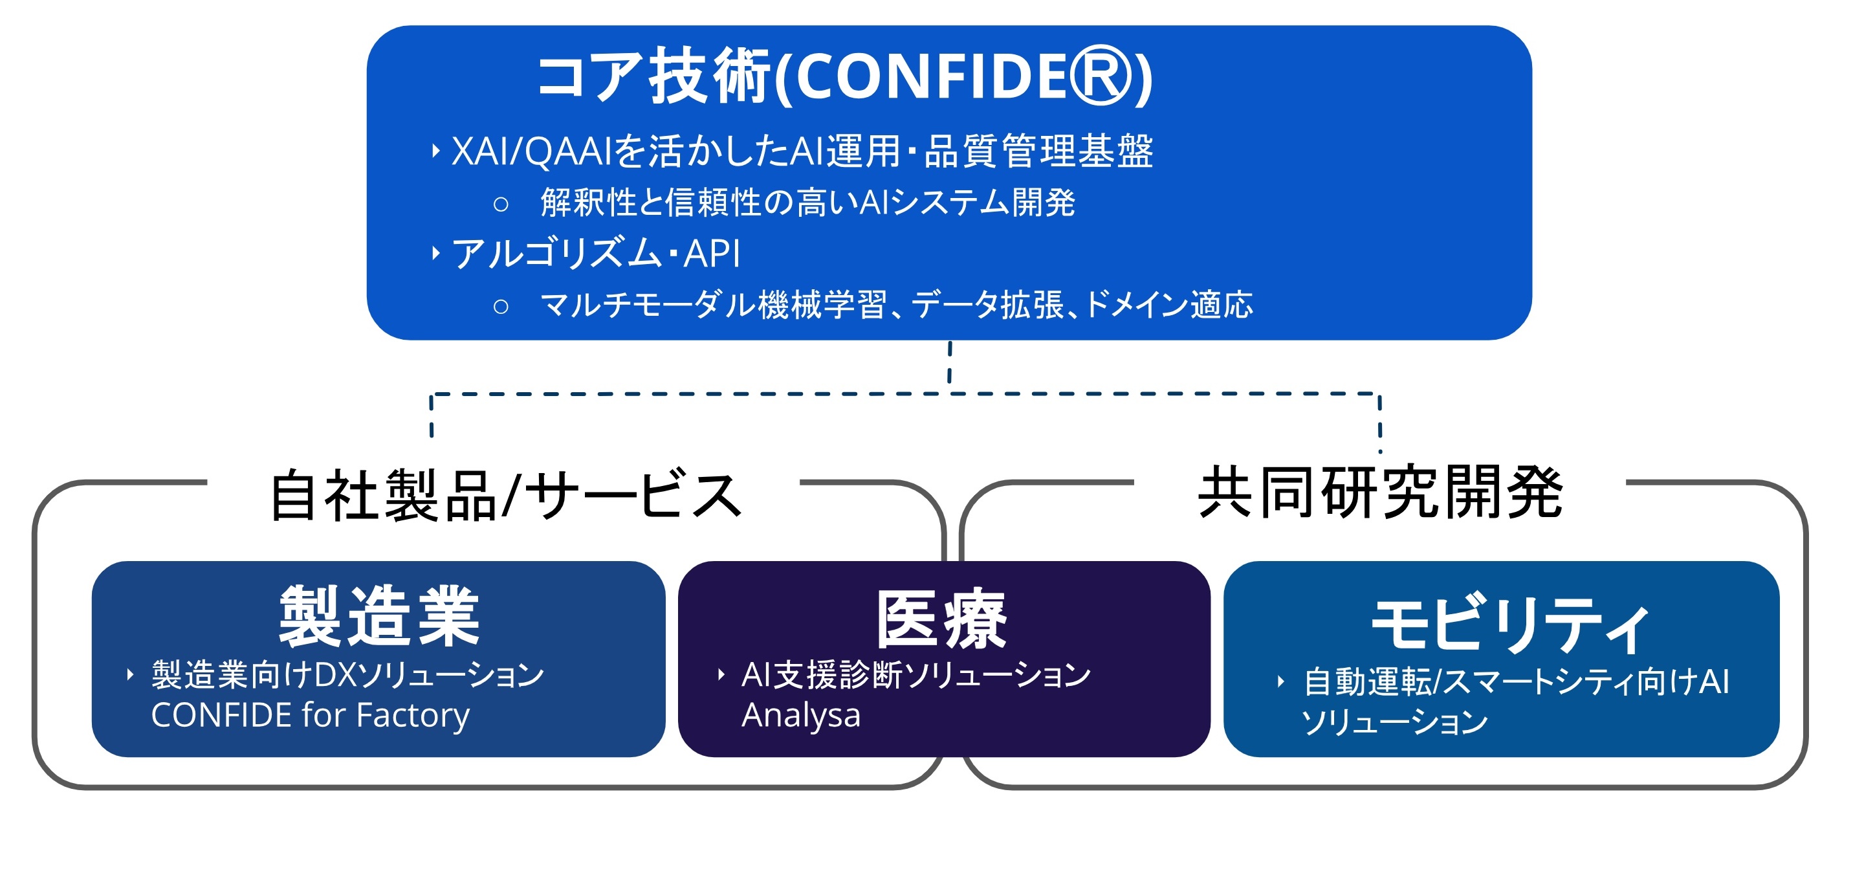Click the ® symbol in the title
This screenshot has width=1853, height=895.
click(x=1101, y=76)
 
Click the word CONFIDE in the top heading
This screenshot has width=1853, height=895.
click(x=932, y=77)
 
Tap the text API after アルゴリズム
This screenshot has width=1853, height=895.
click(x=712, y=253)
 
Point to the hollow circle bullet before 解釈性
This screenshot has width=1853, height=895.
click(x=501, y=204)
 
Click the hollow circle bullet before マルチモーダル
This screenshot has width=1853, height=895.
click(x=501, y=307)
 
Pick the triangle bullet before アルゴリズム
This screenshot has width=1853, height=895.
click(x=435, y=253)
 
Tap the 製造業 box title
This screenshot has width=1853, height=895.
click(x=379, y=616)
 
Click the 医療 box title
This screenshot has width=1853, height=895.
click(x=941, y=619)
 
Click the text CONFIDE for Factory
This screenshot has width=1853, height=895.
click(x=310, y=715)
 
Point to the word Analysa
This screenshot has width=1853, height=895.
click(x=800, y=715)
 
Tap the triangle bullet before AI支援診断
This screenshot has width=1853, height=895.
click(x=721, y=675)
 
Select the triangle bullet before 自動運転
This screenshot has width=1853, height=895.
click(x=1280, y=681)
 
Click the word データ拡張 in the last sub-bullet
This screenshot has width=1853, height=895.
click(x=988, y=305)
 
